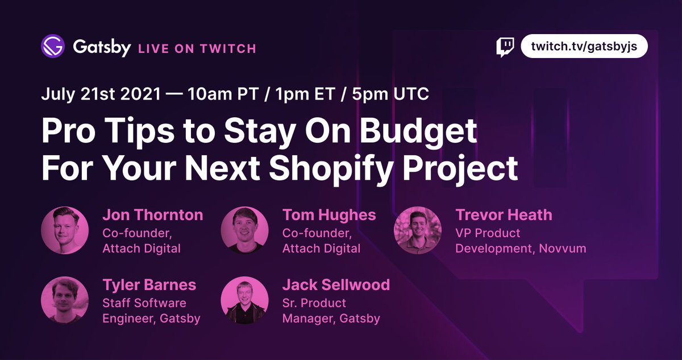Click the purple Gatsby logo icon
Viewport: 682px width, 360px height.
[53, 47]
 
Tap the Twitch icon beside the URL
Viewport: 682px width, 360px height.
[505, 47]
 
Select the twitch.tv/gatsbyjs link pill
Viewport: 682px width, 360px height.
[584, 47]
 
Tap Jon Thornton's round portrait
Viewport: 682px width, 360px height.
[65, 230]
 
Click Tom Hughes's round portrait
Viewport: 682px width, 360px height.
[244, 230]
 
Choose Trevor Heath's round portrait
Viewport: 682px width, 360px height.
[418, 230]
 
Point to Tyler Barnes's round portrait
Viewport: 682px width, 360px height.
[65, 300]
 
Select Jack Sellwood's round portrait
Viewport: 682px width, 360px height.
[244, 300]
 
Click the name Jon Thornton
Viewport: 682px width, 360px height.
[152, 215]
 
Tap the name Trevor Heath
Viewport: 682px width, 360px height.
[504, 215]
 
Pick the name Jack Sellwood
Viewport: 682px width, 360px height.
[336, 285]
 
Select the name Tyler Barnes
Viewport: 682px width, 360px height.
[149, 285]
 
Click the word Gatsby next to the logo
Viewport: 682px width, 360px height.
[102, 47]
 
